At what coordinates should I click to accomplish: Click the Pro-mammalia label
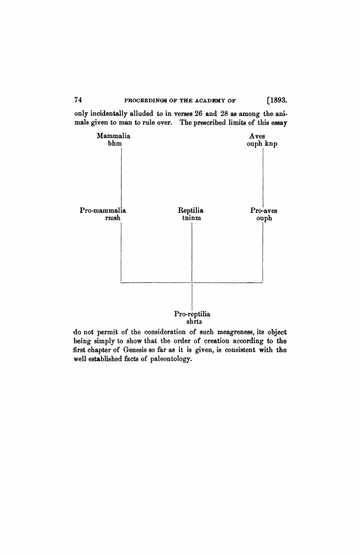pos(103,210)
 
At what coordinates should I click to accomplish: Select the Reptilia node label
pos(191,210)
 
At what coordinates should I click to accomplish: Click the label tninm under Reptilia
pos(191,218)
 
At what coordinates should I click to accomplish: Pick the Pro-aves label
pos(264,210)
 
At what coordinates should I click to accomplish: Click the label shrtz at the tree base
pos(192,321)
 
